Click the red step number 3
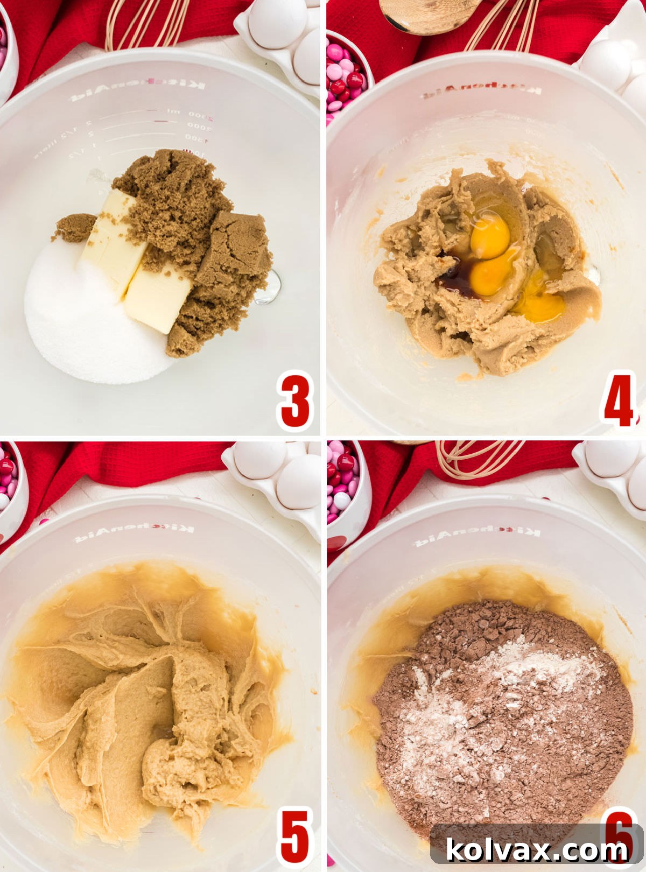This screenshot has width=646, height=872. pos(295,401)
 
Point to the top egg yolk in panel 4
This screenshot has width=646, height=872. pos(490,235)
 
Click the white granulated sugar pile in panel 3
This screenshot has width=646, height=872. pos(86,323)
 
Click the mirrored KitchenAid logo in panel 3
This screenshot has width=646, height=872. pos(137,91)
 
